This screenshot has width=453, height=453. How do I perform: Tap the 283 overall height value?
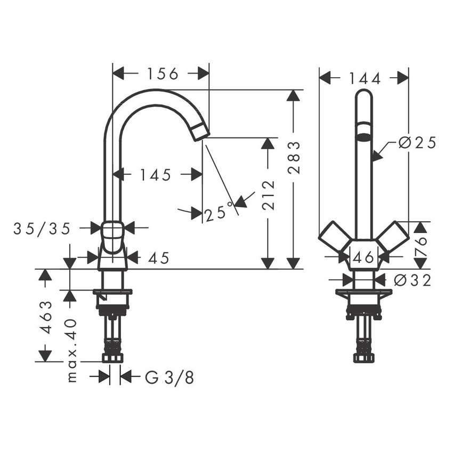[x=294, y=158]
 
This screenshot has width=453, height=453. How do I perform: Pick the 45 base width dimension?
[x=158, y=258]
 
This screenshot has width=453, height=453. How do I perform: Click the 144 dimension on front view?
[x=365, y=78]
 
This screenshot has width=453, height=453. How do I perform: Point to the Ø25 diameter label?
[x=417, y=143]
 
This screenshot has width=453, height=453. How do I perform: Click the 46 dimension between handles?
[x=363, y=258]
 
